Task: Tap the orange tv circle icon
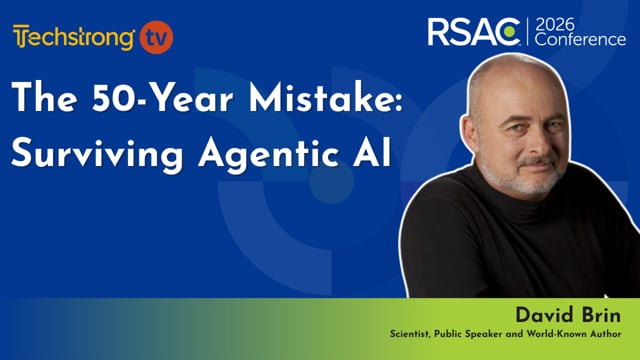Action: tap(157, 36)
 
